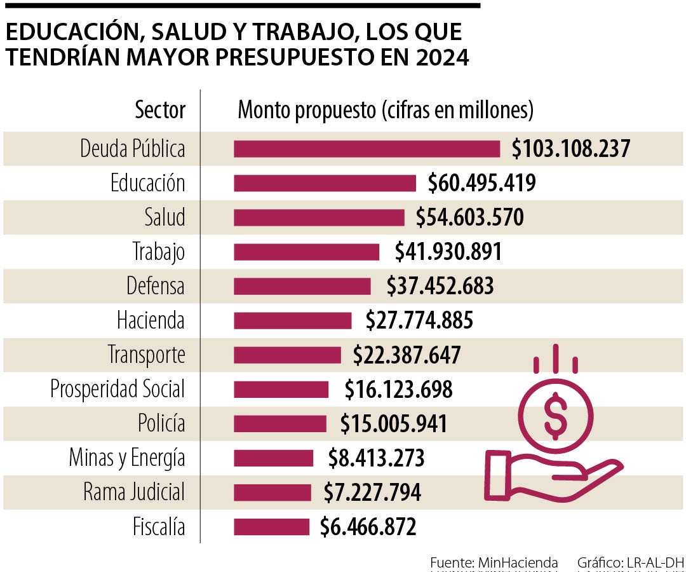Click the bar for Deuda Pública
pyautogui.click(x=367, y=149)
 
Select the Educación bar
pyautogui.click(x=325, y=183)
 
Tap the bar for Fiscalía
pyautogui.click(x=271, y=527)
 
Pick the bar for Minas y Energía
pyautogui.click(x=273, y=458)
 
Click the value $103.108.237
pyautogui.click(x=571, y=149)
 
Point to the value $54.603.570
pyautogui.click(x=470, y=217)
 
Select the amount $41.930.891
pyautogui.click(x=448, y=252)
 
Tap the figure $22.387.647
pyautogui.click(x=407, y=355)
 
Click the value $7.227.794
pyautogui.click(x=372, y=493)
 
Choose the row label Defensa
pyautogui.click(x=156, y=286)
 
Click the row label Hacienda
pyautogui.click(x=151, y=320)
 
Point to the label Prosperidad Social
pyautogui.click(x=118, y=389)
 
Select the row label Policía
pyautogui.click(x=161, y=423)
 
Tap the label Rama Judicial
pyautogui.click(x=134, y=493)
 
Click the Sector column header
pyautogui.click(x=160, y=111)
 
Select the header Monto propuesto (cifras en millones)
pyautogui.click(x=385, y=111)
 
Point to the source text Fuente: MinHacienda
pyautogui.click(x=494, y=562)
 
